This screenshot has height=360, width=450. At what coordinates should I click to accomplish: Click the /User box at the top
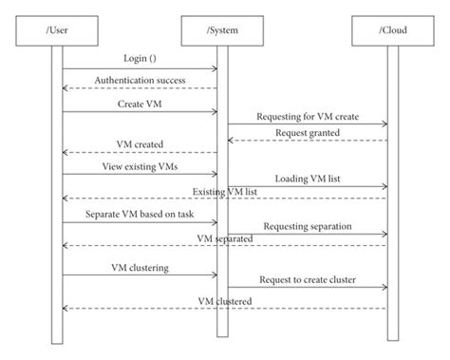click(x=56, y=31)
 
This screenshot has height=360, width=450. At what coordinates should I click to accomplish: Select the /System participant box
click(x=222, y=31)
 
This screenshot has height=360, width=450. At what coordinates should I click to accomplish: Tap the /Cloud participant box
click(x=390, y=31)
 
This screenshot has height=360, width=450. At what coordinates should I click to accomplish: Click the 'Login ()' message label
click(x=141, y=59)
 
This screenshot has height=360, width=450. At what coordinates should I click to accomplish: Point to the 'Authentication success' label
click(x=141, y=80)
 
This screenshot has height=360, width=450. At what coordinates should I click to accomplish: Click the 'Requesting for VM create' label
click(x=308, y=116)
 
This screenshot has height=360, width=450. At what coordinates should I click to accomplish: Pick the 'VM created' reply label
click(x=141, y=145)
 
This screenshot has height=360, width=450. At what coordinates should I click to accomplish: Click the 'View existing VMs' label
click(x=141, y=165)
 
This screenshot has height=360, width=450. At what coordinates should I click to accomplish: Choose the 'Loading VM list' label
click(x=308, y=178)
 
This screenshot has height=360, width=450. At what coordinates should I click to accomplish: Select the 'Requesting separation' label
click(x=308, y=226)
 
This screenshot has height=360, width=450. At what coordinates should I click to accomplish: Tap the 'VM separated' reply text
click(x=225, y=238)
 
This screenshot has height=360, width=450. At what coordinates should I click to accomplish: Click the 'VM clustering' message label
click(x=141, y=268)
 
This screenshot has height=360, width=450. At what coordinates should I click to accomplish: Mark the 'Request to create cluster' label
click(x=308, y=280)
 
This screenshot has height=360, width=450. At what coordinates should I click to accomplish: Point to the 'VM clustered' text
click(x=225, y=300)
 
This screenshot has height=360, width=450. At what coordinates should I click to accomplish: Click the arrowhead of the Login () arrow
click(x=215, y=68)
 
